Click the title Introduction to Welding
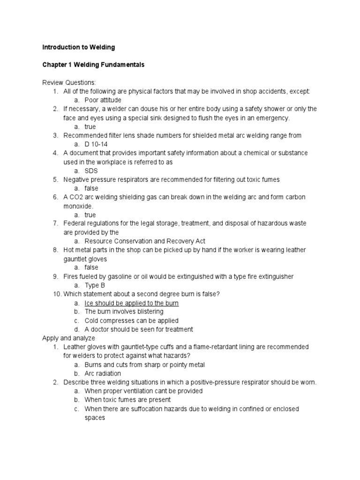tap(78, 47)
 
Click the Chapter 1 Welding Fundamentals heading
tap(93, 65)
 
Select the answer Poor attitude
tap(103, 100)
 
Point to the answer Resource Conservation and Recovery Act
tap(145, 241)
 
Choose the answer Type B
tap(95, 285)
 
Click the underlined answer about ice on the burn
tap(131, 303)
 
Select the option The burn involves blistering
tap(124, 312)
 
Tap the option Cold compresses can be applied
tap(131, 321)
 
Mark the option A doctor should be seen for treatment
tap(139, 329)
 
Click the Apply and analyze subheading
tap(68, 338)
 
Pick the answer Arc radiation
tap(103, 373)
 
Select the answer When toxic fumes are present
tap(127, 400)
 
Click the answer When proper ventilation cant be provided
tap(143, 391)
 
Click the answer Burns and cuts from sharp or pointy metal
tap(144, 365)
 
